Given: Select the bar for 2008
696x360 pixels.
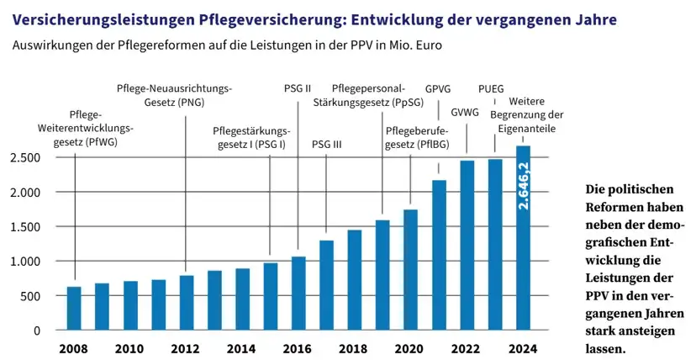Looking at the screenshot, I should pos(74,309).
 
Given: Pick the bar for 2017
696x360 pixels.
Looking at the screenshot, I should pos(326,285).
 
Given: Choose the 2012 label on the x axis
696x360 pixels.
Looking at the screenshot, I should pos(186,348).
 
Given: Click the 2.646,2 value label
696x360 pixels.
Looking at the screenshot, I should pos(523,187).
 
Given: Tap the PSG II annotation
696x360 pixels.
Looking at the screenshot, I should pos(298,87).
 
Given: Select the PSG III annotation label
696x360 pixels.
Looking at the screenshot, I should pos(326,144).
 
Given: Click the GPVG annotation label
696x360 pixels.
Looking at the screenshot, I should pos(439,87).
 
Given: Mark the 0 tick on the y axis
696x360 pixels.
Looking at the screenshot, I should pos(36,331).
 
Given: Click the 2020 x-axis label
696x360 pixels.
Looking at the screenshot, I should pos(410,348).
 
